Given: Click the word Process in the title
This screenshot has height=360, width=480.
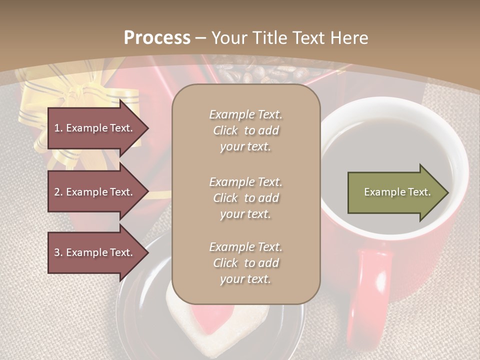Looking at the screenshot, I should point(157,38).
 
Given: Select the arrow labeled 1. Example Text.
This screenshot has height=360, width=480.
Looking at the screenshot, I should point(95,128).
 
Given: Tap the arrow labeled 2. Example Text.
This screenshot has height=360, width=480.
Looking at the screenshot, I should point(95,192).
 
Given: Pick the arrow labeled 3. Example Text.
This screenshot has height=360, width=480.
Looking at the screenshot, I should point(95,252).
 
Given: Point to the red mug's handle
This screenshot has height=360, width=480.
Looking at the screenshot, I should point(370,290).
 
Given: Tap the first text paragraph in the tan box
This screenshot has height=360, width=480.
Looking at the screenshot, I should point(245,130).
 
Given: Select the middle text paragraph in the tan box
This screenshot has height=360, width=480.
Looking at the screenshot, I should point(245,198).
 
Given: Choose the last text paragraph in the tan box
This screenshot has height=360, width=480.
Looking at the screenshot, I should point(245,263).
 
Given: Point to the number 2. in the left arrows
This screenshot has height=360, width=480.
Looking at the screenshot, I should point(58,192).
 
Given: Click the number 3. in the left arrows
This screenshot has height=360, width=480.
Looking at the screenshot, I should point(58,252).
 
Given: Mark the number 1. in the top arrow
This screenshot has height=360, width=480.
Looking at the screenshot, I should point(58,128).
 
